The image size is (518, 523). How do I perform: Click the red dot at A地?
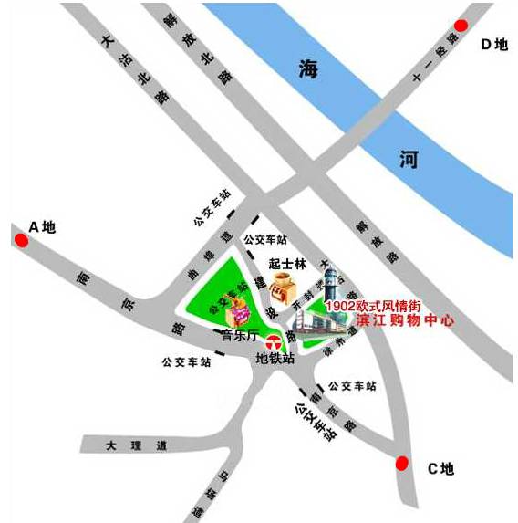pos(20,240)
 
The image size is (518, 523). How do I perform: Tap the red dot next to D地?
pos(461,25)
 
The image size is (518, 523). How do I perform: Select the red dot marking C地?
pos(401,463)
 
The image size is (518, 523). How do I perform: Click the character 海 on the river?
pos(312,69)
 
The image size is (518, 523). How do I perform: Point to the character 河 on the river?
pos(409,161)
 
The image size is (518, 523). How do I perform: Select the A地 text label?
pos(43,226)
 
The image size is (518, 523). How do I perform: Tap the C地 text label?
pos(440,469)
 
